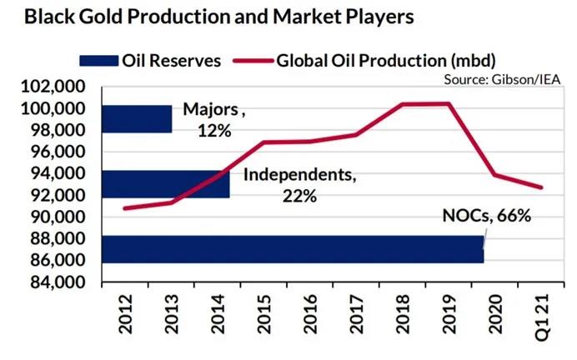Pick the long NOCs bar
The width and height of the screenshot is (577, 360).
tap(292, 249)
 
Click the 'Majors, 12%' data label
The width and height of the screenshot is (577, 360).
tap(214, 120)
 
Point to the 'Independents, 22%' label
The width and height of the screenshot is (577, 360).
tap(299, 185)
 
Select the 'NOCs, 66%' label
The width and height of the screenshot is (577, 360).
tap(486, 217)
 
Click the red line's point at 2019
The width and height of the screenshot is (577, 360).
tap(449, 103)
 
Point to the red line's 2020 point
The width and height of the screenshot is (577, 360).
tap(494, 175)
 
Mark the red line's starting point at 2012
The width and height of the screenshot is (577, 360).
tap(124, 208)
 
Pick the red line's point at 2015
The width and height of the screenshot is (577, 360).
tap(263, 142)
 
